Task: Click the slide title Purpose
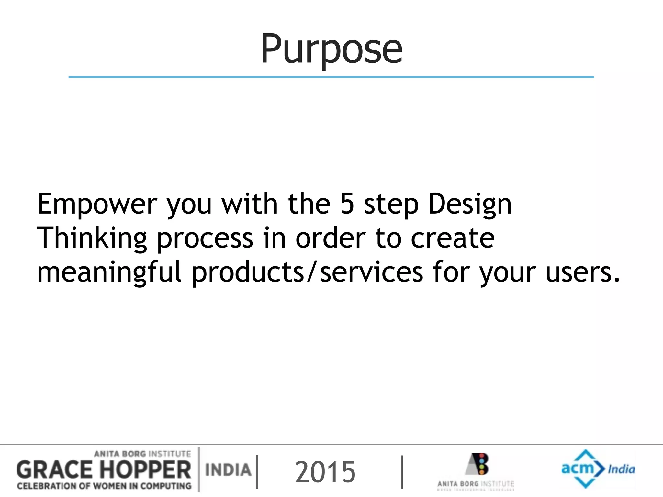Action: click(331, 49)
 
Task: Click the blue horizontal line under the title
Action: click(331, 77)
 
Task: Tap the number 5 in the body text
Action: click(347, 204)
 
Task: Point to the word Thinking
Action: click(92, 239)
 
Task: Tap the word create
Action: click(453, 238)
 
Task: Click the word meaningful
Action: click(109, 273)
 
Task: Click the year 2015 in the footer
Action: click(325, 472)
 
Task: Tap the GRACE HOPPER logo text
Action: click(104, 470)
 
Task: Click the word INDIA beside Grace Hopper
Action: click(228, 470)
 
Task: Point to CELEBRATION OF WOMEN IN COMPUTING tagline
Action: click(104, 486)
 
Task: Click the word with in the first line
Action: click(249, 204)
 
